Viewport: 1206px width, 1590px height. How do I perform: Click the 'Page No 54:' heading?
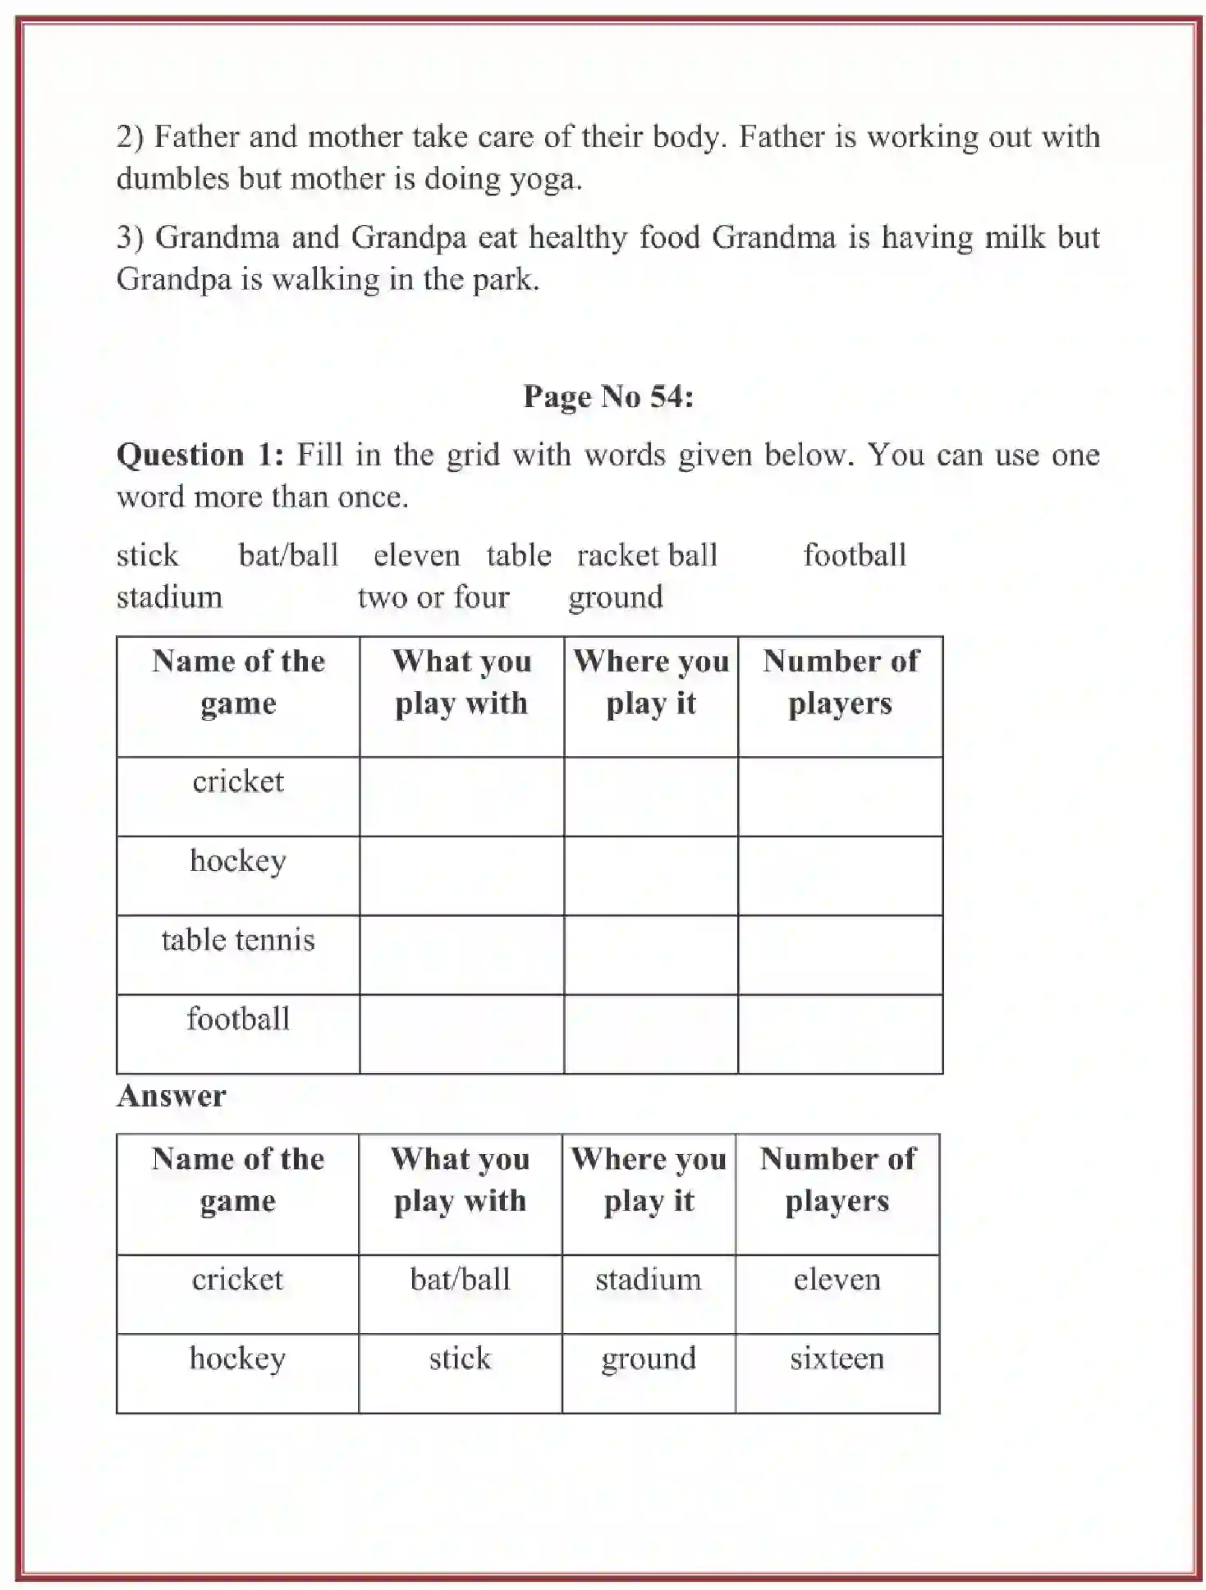(x=608, y=397)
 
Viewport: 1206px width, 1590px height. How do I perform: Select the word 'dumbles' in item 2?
(x=172, y=179)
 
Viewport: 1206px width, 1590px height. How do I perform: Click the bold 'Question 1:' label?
(x=200, y=455)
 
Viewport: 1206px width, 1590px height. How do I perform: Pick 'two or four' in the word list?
(x=433, y=597)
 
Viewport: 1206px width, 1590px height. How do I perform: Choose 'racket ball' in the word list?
(x=647, y=556)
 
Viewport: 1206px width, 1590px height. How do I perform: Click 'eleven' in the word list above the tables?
(x=416, y=556)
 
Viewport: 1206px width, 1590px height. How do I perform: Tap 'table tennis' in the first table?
(x=238, y=940)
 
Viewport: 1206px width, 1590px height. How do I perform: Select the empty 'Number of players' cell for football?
(x=840, y=1033)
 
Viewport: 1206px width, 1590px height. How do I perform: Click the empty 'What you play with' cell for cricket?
(x=461, y=796)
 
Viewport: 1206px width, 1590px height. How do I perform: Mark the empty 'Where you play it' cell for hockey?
(x=651, y=875)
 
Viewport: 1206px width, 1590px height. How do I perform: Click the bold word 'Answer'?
(x=171, y=1097)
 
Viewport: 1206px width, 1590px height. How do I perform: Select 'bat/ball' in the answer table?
(x=460, y=1280)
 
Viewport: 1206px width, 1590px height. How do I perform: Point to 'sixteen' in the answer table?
(x=837, y=1359)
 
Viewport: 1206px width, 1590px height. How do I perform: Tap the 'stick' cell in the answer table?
(x=460, y=1359)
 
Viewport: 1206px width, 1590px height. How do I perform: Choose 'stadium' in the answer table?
(x=648, y=1280)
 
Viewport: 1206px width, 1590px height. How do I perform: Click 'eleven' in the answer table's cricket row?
(x=837, y=1280)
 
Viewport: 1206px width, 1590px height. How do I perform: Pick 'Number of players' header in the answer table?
(x=837, y=1180)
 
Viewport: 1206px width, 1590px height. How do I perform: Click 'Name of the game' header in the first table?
(x=238, y=682)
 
